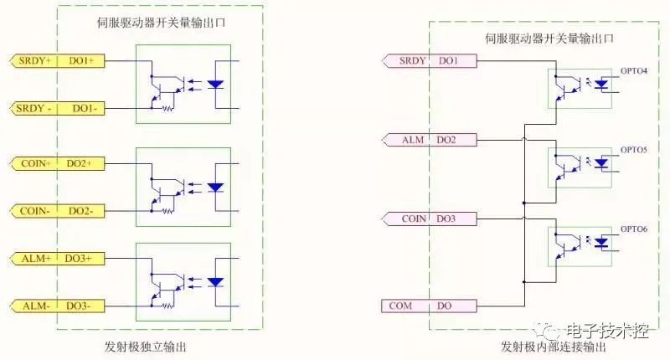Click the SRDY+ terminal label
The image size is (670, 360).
33,60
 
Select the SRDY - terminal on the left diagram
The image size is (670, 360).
33,109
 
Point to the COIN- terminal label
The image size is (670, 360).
34,211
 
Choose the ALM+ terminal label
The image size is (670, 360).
34,260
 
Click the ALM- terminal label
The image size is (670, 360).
34,306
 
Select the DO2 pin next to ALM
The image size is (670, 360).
446,139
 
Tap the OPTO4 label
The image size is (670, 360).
633,70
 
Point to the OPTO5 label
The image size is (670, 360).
633,149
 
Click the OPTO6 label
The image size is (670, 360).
633,228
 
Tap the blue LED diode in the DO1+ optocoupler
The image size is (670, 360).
215,84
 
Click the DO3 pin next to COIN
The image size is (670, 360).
446,219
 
